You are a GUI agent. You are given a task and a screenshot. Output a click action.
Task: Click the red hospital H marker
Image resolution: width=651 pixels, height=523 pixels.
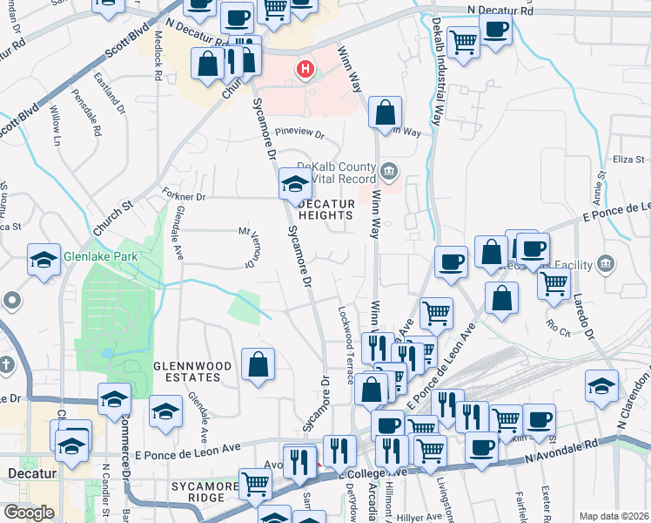tap(305, 69)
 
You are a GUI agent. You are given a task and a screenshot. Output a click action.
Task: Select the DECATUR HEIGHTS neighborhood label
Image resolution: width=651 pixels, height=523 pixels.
tap(327, 208)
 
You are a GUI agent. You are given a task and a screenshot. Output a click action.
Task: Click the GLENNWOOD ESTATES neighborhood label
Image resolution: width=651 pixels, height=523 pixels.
tap(187, 371)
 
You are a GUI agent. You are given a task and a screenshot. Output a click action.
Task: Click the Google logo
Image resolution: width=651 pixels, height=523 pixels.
tap(29, 513)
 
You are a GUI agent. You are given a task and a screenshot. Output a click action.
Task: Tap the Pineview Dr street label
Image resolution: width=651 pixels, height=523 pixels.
tap(299, 135)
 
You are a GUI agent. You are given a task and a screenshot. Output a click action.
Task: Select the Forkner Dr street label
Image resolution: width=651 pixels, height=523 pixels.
tap(183, 196)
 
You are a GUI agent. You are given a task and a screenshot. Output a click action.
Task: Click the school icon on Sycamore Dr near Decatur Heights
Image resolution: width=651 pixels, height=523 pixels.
tap(295, 184)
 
